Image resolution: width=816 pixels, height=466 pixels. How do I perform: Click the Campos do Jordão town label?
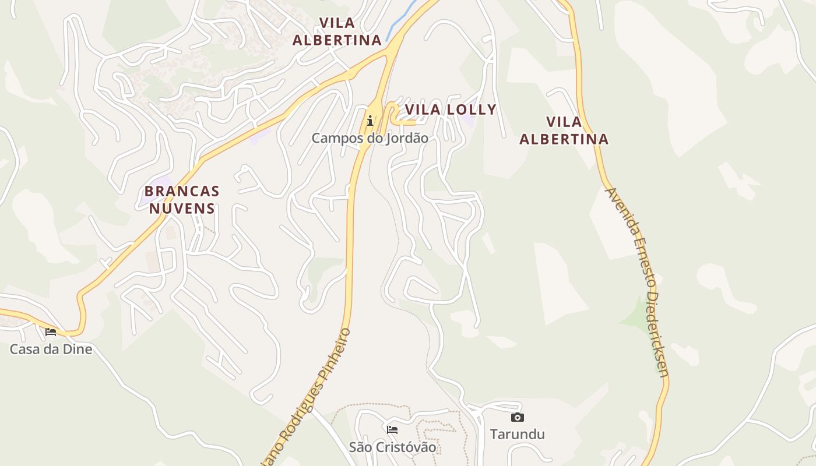pos(370,138)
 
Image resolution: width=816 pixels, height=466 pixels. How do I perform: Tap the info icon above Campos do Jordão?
pos(370,121)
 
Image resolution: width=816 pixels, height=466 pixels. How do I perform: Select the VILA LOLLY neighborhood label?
pos(451,110)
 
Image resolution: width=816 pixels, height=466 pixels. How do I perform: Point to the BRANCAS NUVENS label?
pos(182,200)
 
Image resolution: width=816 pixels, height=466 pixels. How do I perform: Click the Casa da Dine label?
pos(51,349)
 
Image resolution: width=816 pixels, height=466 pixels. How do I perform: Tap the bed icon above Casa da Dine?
pos(51,332)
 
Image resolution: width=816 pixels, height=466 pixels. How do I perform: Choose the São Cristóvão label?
pos(392,447)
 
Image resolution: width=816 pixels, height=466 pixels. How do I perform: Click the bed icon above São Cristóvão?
pos(392,430)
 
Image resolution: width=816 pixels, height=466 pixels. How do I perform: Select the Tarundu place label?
pos(517,434)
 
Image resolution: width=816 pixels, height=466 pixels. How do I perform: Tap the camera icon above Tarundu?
pos(517,417)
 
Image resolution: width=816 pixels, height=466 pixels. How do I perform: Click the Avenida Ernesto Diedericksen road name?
pos(639,282)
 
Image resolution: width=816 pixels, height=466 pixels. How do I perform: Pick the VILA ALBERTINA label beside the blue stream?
pos(337,31)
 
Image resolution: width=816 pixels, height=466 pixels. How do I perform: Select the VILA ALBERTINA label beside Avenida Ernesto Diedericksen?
pos(564,130)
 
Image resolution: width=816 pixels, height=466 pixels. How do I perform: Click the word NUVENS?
pos(182,208)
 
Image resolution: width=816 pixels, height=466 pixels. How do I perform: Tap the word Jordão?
pos(403,138)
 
